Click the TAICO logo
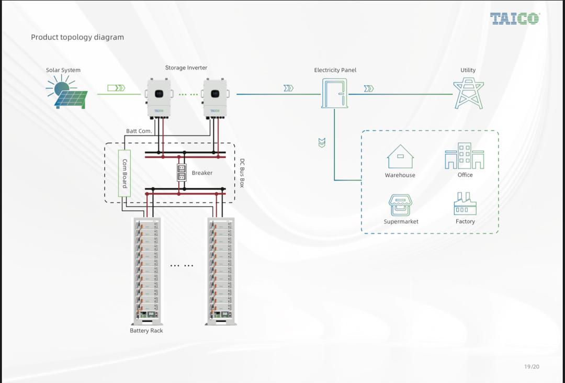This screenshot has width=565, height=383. pyautogui.click(x=515, y=19)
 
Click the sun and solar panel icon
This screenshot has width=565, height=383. pyautogui.click(x=66, y=92)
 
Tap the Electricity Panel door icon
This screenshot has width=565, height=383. pyautogui.click(x=334, y=94)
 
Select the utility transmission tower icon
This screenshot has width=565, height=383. pyautogui.click(x=468, y=93)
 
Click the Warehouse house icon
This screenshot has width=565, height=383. pyautogui.click(x=400, y=156)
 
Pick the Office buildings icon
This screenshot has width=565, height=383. pyautogui.click(x=465, y=156)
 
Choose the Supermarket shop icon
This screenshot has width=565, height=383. pyautogui.click(x=401, y=204)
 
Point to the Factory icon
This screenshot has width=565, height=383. pyautogui.click(x=465, y=204)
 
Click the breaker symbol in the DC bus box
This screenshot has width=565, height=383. pyautogui.click(x=182, y=172)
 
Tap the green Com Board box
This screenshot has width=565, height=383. pyautogui.click(x=124, y=173)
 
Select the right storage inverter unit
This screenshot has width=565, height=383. pyautogui.click(x=214, y=98)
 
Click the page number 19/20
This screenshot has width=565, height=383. pyautogui.click(x=532, y=367)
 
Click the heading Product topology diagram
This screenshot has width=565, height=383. pyautogui.click(x=77, y=37)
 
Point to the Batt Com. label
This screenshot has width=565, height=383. pyautogui.click(x=139, y=131)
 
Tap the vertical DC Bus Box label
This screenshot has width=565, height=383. pyautogui.click(x=242, y=173)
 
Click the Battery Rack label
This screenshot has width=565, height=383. pyautogui.click(x=146, y=331)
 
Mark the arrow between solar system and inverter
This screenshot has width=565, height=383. pyautogui.click(x=116, y=88)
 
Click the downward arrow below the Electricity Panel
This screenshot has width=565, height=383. pyautogui.click(x=322, y=142)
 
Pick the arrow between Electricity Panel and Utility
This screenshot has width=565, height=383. pyautogui.click(x=369, y=88)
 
